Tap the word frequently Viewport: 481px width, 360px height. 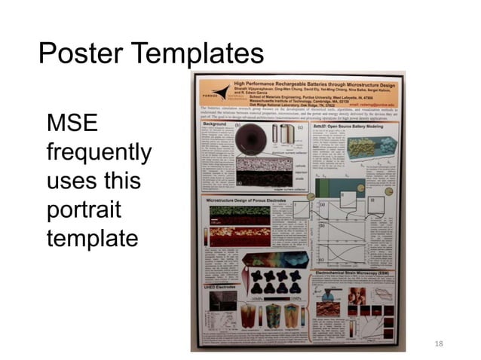(x=99, y=154)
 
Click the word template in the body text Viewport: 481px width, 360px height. (x=93, y=239)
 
